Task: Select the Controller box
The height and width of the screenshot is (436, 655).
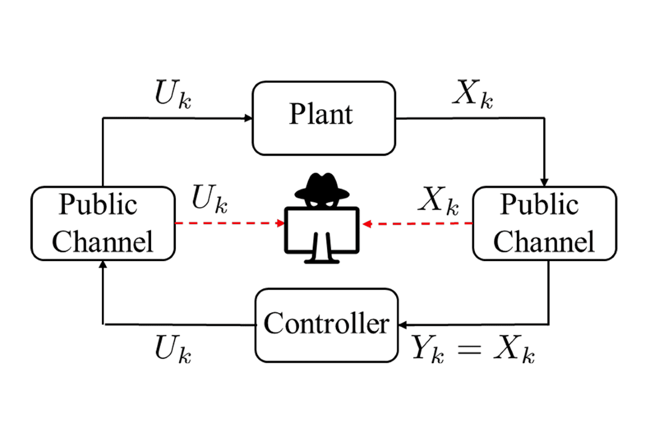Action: point(326,325)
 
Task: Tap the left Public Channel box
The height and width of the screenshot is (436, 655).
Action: point(102,223)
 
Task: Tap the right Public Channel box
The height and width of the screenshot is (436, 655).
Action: point(543,223)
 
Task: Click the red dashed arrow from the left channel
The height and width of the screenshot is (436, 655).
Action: point(229,223)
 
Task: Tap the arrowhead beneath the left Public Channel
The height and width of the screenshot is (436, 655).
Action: point(103,265)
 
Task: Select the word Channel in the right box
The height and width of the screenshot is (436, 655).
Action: point(543,242)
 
